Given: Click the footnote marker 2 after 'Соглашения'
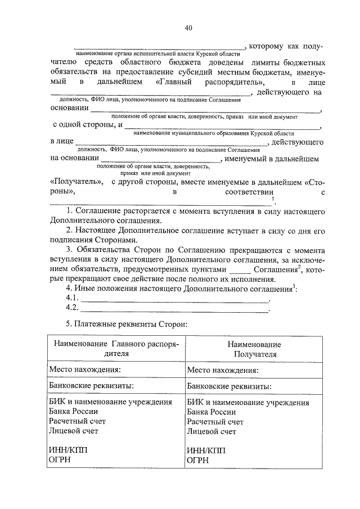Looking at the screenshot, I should point(299,267).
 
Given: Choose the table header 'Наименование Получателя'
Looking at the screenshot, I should point(254,349).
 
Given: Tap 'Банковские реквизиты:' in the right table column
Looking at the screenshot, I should point(229,386).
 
